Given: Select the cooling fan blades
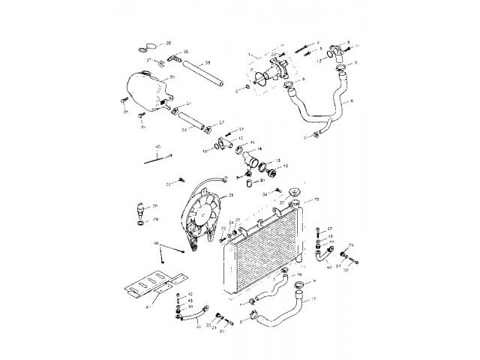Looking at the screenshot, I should (x=200, y=217).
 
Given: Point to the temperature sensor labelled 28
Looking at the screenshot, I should (x=138, y=208).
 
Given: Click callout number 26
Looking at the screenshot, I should (x=168, y=43).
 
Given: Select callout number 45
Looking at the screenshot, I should (x=158, y=146).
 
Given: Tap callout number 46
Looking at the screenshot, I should (x=156, y=244).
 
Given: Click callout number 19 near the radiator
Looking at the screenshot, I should (x=316, y=199).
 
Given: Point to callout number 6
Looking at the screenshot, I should (x=352, y=100).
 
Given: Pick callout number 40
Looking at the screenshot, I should (x=328, y=266).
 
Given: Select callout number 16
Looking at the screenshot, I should (x=286, y=165).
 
